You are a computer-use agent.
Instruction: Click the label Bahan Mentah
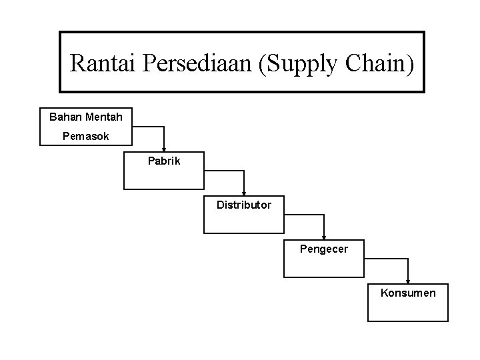coord(86,117)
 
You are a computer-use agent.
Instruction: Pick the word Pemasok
coord(86,136)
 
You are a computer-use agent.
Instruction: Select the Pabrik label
coord(164,161)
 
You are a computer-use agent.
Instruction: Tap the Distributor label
coord(244,205)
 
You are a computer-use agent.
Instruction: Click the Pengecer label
coord(324,249)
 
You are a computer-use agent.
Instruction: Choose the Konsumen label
coord(408,292)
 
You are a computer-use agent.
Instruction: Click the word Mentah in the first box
coord(104,117)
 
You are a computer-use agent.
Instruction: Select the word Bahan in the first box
coord(65,117)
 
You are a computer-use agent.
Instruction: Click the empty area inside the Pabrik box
coord(163,177)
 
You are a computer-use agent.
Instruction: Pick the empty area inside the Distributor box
coord(243,221)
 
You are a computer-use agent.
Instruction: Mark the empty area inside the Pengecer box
coord(324,265)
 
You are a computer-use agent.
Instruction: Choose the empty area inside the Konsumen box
coord(407,308)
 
